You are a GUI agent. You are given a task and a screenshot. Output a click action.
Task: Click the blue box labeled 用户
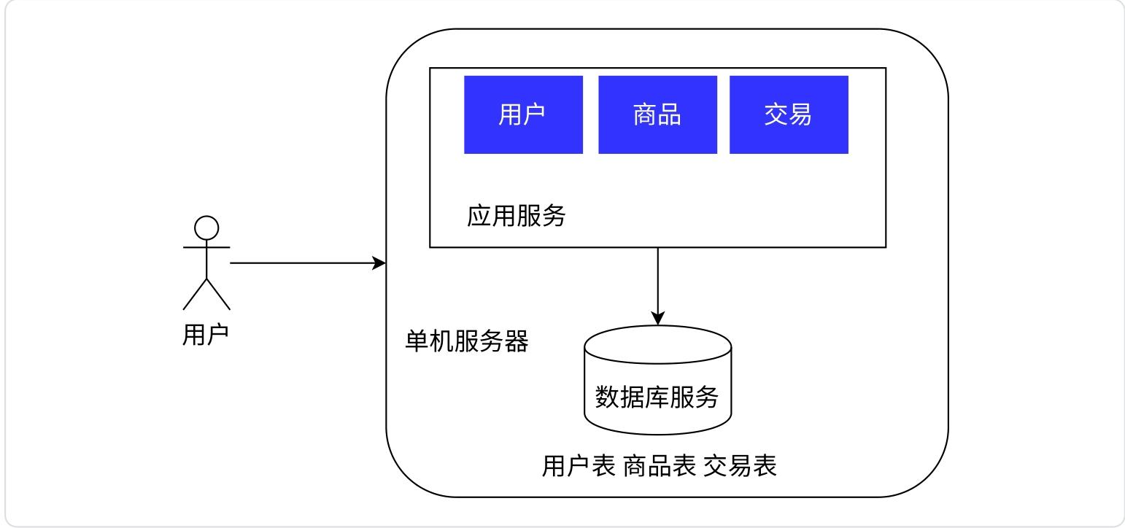[523, 114]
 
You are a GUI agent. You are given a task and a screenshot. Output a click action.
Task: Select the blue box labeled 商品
[657, 114]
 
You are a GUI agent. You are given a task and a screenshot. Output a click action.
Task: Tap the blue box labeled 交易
[789, 114]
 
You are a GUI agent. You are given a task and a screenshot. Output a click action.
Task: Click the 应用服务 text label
[516, 216]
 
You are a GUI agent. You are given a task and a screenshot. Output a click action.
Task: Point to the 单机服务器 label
[467, 341]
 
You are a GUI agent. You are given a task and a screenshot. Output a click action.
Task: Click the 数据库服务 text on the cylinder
[657, 397]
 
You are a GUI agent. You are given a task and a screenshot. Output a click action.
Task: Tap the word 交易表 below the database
[740, 466]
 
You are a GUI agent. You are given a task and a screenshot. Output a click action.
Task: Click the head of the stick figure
[206, 228]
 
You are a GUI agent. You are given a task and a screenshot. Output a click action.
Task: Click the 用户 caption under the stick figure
[206, 335]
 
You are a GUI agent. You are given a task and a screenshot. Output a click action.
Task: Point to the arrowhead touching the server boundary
[379, 263]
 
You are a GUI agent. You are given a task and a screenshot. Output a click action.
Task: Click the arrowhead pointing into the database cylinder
[658, 319]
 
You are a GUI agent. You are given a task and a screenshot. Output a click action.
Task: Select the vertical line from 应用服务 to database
[658, 281]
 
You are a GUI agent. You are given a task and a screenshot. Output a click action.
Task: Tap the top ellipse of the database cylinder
[657, 343]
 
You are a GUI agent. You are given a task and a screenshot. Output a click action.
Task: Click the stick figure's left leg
[195, 294]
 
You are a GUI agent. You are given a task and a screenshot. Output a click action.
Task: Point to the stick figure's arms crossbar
[206, 247]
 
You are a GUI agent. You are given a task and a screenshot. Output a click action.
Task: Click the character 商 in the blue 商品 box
[645, 114]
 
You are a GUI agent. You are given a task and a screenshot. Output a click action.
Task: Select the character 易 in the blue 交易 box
[801, 114]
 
